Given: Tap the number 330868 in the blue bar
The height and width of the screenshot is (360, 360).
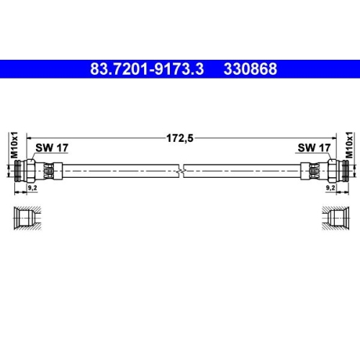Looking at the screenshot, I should click(x=249, y=71).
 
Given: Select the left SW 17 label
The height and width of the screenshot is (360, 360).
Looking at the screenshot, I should click(x=52, y=148).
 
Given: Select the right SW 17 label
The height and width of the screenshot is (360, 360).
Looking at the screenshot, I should click(x=314, y=148).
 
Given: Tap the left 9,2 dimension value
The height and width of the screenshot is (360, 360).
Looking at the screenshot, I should click(x=31, y=186).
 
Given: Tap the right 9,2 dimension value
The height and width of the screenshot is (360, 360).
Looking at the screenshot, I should click(x=330, y=186).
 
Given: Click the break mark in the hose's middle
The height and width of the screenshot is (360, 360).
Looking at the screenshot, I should click(x=184, y=170).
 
